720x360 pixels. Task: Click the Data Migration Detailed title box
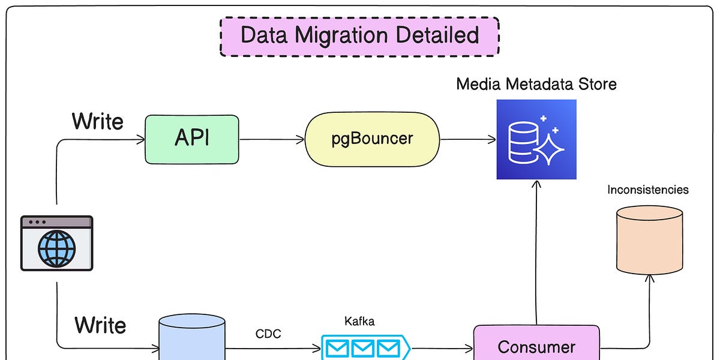tap(359, 36)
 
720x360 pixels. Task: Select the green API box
tap(192, 139)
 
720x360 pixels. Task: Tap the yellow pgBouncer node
tap(372, 139)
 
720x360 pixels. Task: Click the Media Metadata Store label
tap(536, 84)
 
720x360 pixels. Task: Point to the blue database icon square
tap(536, 139)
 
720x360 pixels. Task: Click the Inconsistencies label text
tap(647, 190)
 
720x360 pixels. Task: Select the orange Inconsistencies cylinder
tap(650, 240)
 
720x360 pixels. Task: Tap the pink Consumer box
tap(536, 346)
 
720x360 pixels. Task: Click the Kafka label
tap(359, 322)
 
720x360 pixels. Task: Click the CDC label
tap(268, 334)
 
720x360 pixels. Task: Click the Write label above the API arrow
tap(97, 121)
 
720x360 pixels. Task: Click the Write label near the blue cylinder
tap(100, 325)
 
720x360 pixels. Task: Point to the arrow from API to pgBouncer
tap(272, 140)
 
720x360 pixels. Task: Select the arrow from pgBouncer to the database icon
tap(468, 140)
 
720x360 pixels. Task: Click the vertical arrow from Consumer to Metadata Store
tap(536, 252)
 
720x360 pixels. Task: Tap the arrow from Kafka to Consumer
tap(441, 347)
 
